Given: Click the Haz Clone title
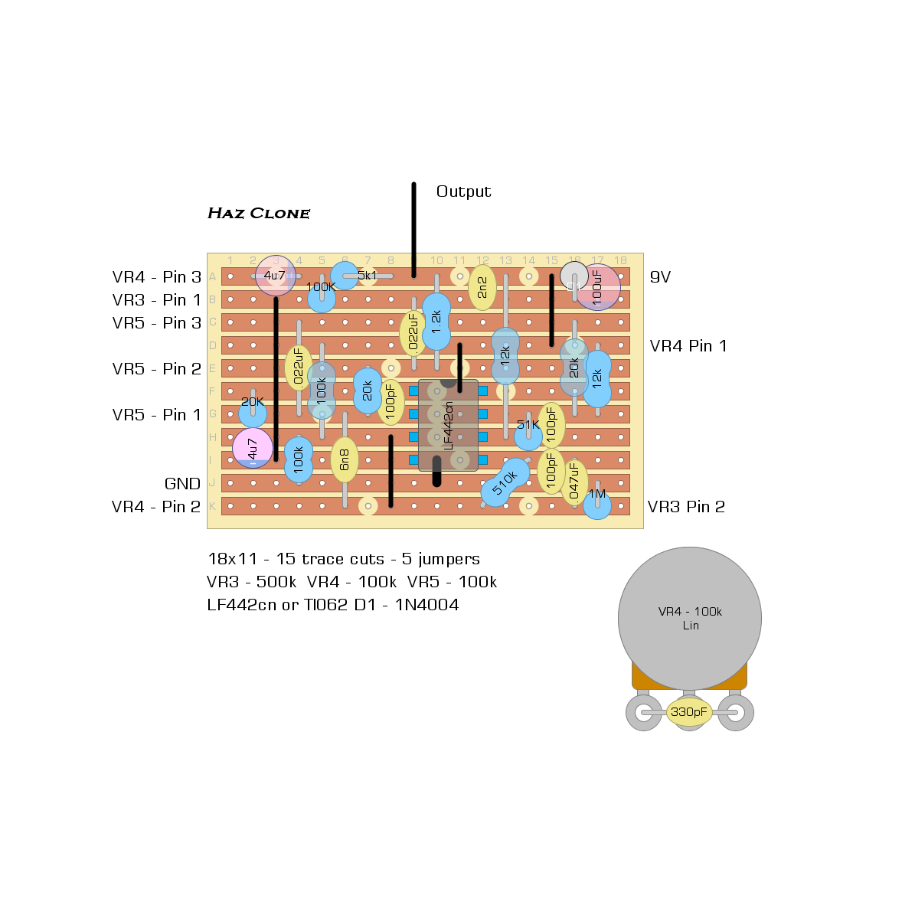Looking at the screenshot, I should pyautogui.click(x=259, y=213).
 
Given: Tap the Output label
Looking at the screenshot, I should pyautogui.click(x=463, y=191).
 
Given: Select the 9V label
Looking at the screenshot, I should pyautogui.click(x=660, y=277).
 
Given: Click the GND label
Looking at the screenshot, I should pyautogui.click(x=182, y=484).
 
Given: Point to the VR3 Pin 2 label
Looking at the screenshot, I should pyautogui.click(x=686, y=507).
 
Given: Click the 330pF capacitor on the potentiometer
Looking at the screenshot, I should pyautogui.click(x=689, y=712).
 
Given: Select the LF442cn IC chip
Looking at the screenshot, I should pyautogui.click(x=448, y=425).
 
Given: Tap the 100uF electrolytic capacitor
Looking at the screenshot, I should pyautogui.click(x=598, y=287).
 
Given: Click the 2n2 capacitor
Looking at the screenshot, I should pyautogui.click(x=482, y=287).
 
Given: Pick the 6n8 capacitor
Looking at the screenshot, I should pyautogui.click(x=345, y=459).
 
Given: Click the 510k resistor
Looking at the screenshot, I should pyautogui.click(x=505, y=482).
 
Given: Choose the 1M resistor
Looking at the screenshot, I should pyautogui.click(x=597, y=502).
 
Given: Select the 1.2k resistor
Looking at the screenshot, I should pyautogui.click(x=436, y=321).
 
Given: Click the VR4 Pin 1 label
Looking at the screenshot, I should pyautogui.click(x=688, y=346).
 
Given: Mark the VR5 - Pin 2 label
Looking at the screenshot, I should pyautogui.click(x=156, y=369).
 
